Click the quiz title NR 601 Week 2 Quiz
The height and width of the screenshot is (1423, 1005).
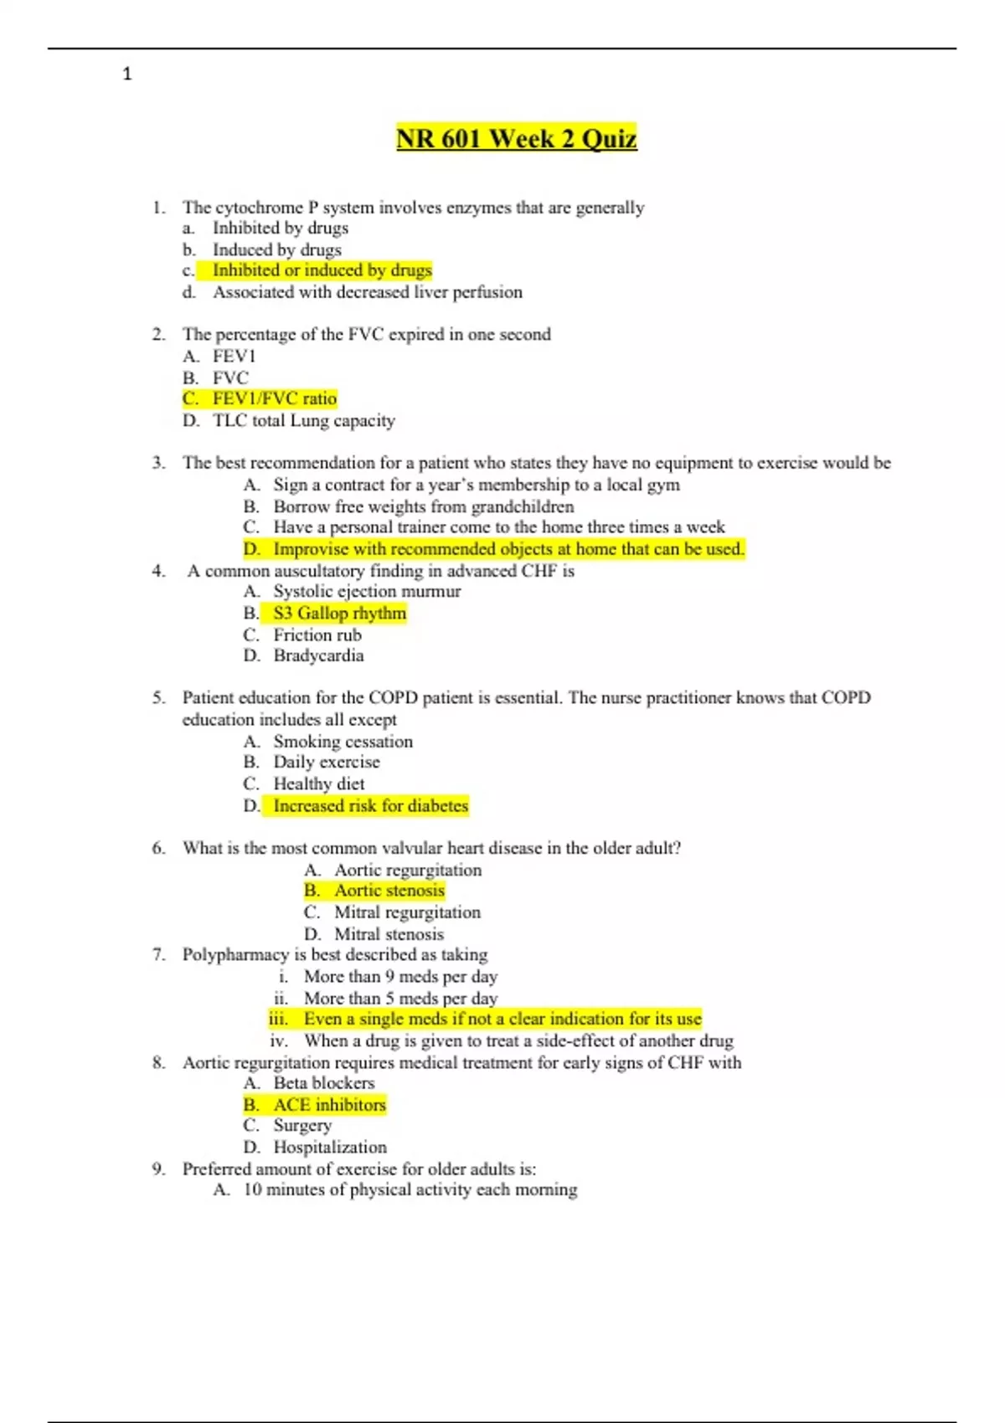pos(516,138)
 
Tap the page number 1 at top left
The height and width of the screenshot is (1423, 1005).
pos(127,74)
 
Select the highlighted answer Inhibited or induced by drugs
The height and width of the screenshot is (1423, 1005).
pos(322,270)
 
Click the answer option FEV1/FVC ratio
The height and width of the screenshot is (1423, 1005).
pos(274,398)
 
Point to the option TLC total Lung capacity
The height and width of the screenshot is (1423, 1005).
pos(303,420)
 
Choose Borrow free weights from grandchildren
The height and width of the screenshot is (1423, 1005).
pos(423,506)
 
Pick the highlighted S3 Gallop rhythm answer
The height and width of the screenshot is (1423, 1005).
pos(339,613)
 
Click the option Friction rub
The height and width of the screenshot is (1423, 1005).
pos(317,634)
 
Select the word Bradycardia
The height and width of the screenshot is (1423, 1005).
pos(318,655)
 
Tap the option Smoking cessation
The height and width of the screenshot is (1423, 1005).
pos(343,741)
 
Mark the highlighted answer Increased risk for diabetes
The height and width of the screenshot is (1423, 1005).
pos(370,805)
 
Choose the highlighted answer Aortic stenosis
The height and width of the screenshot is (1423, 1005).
pos(389,891)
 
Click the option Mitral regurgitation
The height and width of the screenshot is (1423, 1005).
pos(407,912)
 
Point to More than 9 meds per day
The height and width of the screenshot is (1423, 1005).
pos(400,976)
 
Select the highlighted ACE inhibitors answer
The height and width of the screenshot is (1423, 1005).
pos(329,1104)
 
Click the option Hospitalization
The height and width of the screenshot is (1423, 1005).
pos(330,1147)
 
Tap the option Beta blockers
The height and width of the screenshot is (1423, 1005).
pos(323,1082)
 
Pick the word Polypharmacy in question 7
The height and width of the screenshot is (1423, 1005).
pos(235,954)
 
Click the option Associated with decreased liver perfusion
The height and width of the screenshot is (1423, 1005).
pos(367,292)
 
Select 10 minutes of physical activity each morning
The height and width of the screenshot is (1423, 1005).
pos(410,1189)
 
